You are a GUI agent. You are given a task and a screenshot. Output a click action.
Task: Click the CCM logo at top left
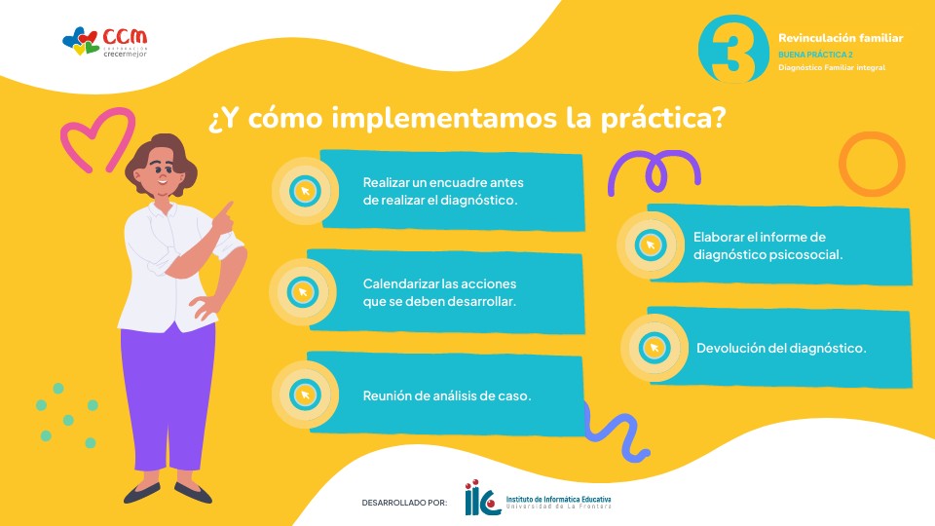click(x=105, y=42)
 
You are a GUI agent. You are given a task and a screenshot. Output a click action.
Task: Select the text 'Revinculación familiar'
click(x=841, y=38)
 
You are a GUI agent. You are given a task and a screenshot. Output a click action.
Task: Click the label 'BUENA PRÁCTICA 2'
click(x=815, y=55)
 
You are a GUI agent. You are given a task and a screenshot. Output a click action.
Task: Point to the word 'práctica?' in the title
click(x=663, y=118)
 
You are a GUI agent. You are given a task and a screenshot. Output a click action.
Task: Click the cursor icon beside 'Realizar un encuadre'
click(x=305, y=192)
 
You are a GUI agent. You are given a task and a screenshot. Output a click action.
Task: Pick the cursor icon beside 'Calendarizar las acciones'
click(x=302, y=292)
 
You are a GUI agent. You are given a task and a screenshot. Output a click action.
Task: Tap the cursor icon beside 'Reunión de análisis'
click(x=305, y=394)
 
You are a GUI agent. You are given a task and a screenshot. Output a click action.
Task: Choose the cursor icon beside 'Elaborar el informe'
click(x=650, y=245)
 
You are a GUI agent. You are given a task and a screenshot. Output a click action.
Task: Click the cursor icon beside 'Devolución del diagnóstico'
click(x=654, y=348)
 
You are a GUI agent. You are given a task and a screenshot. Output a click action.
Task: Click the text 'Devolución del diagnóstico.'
click(x=781, y=348)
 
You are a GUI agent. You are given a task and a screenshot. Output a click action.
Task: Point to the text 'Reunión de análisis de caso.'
click(x=447, y=395)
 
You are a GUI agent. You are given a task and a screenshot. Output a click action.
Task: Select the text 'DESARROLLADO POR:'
click(x=404, y=503)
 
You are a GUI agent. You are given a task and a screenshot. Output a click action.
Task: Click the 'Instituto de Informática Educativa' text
click(x=558, y=499)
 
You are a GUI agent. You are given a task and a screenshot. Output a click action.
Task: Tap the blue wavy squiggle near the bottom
click(x=617, y=431)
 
